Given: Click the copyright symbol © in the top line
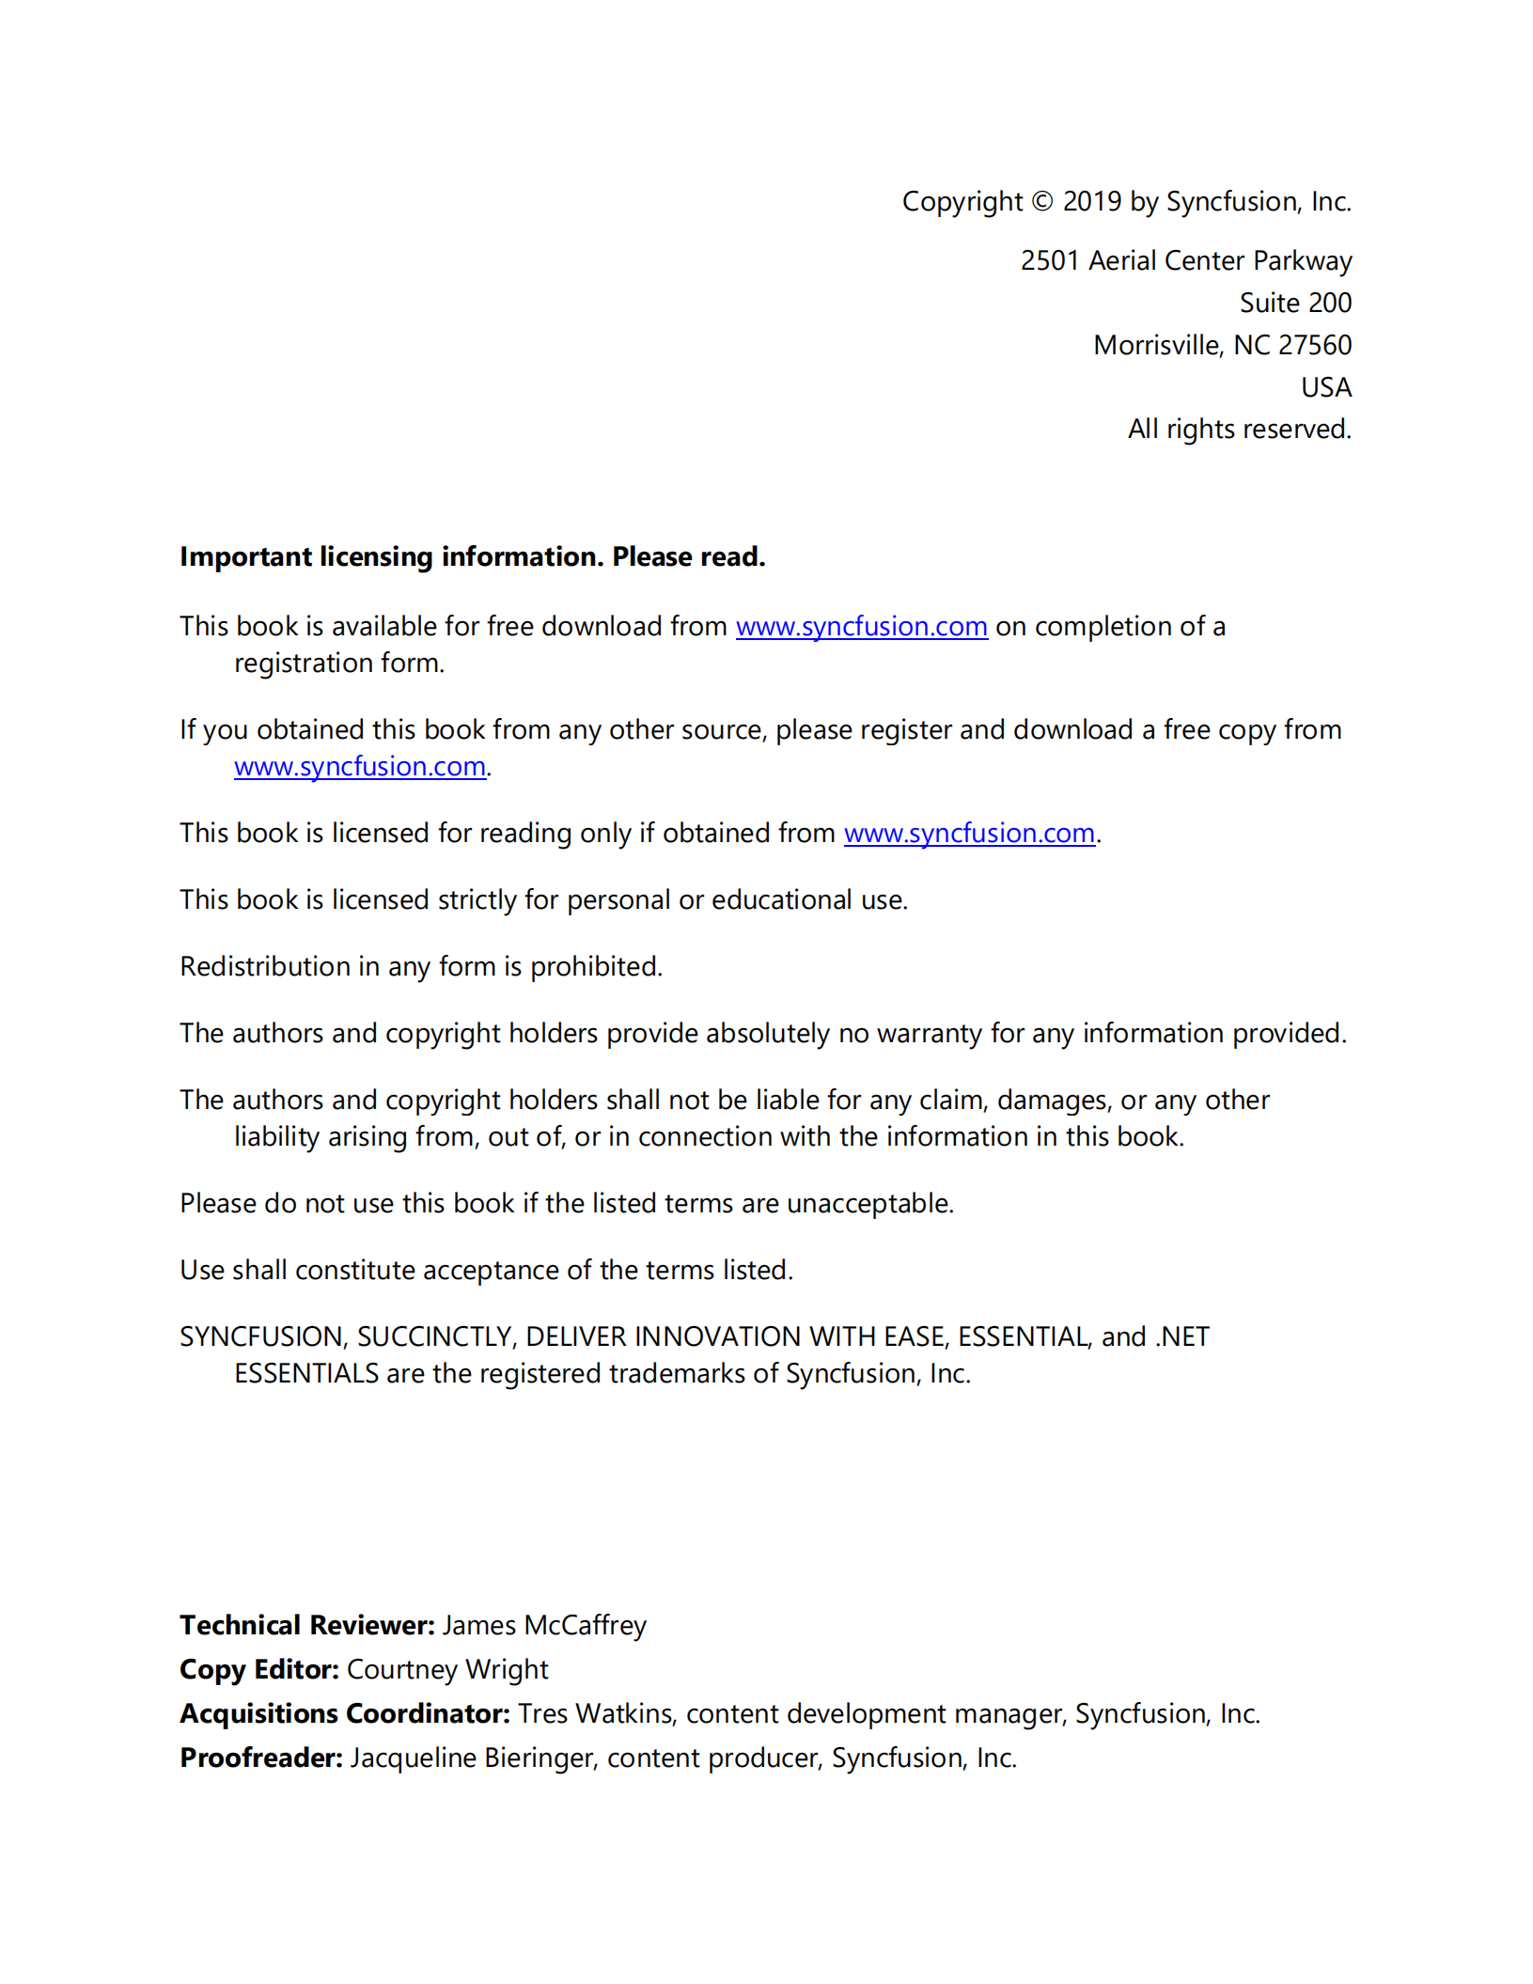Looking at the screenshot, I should (x=1041, y=202).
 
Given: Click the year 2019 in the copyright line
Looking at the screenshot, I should (x=1091, y=202).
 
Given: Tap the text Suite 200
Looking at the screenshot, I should (x=1294, y=303).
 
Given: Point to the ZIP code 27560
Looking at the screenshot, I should (x=1314, y=345).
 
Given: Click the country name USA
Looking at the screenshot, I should (x=1325, y=387).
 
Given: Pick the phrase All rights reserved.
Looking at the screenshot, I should (x=1239, y=430).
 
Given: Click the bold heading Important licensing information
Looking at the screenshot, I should (x=392, y=557).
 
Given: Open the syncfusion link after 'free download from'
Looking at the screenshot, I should (x=861, y=627).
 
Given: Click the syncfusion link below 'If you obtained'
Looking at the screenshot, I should (x=360, y=767).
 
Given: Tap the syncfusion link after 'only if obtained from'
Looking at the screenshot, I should (x=969, y=834).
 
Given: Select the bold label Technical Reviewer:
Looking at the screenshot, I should (x=307, y=1626).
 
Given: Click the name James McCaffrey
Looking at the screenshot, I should (x=544, y=1626).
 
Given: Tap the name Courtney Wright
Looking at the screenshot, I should (x=446, y=1670).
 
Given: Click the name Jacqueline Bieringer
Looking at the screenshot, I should (x=473, y=1758).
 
